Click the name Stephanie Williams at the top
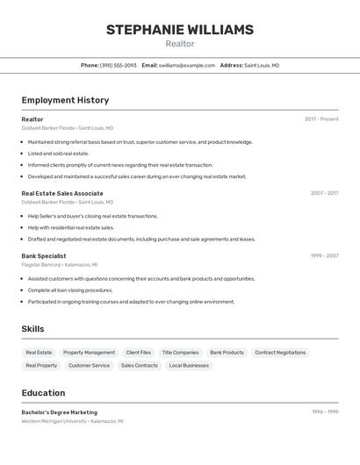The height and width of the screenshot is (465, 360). coord(180,30)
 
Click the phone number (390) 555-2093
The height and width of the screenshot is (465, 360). coord(118,65)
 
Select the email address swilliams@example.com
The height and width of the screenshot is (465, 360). coord(187,65)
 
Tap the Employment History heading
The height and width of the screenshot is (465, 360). coord(65,100)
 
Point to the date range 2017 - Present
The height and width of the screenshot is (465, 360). coord(321,119)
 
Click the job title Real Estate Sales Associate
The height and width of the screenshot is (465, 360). coord(62,193)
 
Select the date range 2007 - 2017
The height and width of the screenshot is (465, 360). coord(324,193)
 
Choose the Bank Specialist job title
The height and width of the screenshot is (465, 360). coord(44,256)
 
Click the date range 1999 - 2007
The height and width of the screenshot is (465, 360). coord(324,256)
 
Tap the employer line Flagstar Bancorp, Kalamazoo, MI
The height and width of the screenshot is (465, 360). coord(60,264)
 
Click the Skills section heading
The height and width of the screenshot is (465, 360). coord(33,329)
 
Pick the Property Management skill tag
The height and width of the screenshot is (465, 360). coord(89,353)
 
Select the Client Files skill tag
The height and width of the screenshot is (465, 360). coord(138,353)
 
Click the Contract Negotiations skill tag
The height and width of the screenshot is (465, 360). coord(280,353)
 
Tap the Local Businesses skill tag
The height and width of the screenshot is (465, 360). coord(189,365)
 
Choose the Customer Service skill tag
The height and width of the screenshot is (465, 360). coord(89,365)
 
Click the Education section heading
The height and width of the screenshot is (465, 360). coord(43,393)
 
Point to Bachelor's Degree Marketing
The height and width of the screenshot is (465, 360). coord(60,412)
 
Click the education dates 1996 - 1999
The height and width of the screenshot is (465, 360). coord(325,411)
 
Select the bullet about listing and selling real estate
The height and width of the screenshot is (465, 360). coord(58,154)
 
